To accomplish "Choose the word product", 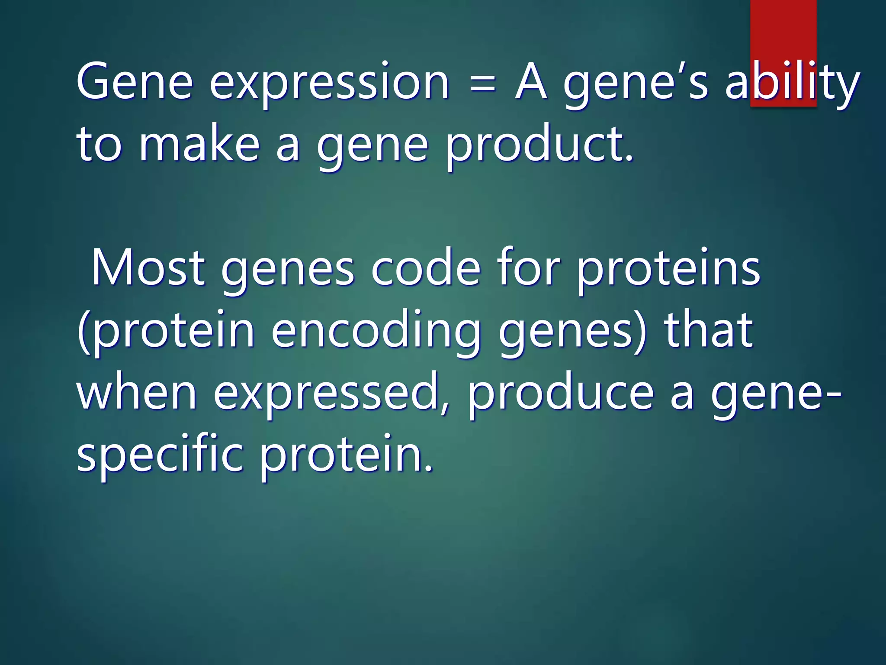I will click(539, 145).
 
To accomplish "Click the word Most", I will click(148, 268).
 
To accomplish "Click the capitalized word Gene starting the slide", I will click(135, 82).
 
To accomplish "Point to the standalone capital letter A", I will click(531, 82).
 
